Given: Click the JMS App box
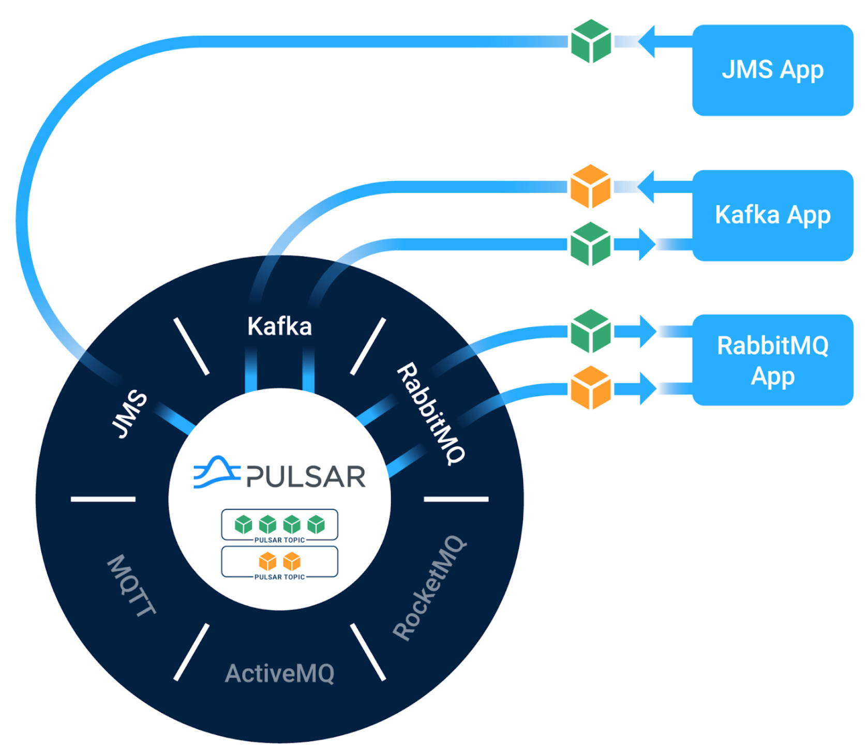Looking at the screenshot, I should (x=772, y=70).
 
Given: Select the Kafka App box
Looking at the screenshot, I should (x=772, y=215).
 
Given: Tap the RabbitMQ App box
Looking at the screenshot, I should (x=772, y=360).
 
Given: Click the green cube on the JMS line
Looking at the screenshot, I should (x=591, y=41).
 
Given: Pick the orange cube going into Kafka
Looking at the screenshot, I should (x=590, y=187).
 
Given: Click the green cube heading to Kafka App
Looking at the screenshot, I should (x=590, y=244).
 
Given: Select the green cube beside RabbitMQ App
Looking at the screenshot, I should (x=590, y=331).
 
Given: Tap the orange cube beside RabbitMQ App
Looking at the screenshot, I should (x=590, y=388).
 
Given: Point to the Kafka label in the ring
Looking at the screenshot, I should (x=279, y=326).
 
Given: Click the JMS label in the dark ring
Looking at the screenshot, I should (x=129, y=414).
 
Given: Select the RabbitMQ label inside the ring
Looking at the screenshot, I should (x=431, y=414).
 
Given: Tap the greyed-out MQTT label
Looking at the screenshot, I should (x=131, y=585).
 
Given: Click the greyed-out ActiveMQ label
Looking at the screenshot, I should (x=279, y=673).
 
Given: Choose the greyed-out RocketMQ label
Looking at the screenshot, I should (x=429, y=588).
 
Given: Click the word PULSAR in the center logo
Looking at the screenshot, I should (x=306, y=476).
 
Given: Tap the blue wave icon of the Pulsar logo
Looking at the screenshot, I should (x=216, y=472).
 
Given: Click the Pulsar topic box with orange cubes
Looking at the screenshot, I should (x=279, y=562).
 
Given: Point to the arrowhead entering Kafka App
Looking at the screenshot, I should (x=647, y=244).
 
